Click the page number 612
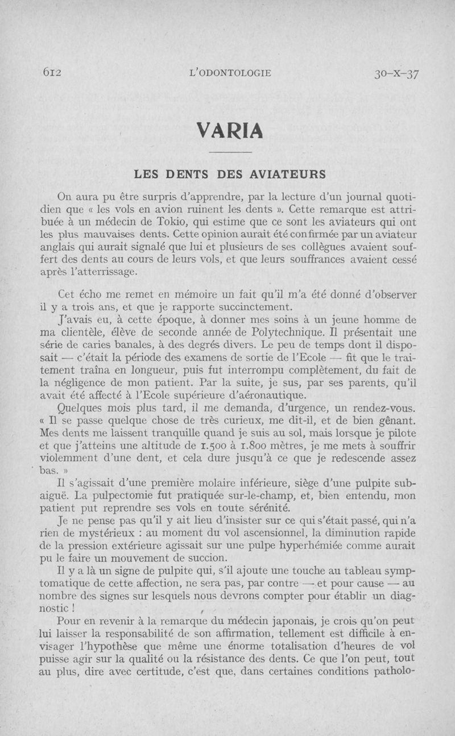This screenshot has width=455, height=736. pyautogui.click(x=51, y=73)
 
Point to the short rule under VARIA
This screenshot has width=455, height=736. pyautogui.click(x=230, y=153)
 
